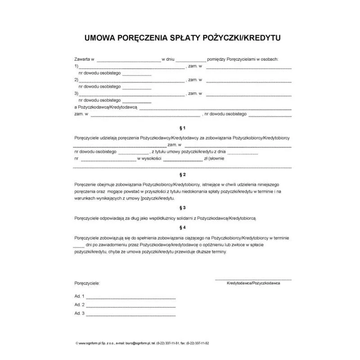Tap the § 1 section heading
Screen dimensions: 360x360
182,128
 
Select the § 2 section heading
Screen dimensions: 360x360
182,174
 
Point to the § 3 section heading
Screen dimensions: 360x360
182,207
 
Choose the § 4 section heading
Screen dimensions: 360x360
182,227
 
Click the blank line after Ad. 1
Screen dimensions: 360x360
130,297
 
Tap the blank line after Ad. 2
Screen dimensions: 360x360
130,306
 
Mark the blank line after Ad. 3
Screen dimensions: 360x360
130,314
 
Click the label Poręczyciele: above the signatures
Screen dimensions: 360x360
87,283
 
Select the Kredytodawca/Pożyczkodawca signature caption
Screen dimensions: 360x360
254,283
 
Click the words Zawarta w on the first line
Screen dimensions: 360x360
84,59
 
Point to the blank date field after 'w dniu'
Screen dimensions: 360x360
190,60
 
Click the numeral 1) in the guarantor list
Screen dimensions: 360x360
76,66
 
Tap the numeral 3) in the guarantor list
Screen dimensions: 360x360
76,94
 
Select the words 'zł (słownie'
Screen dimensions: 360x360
214,158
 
